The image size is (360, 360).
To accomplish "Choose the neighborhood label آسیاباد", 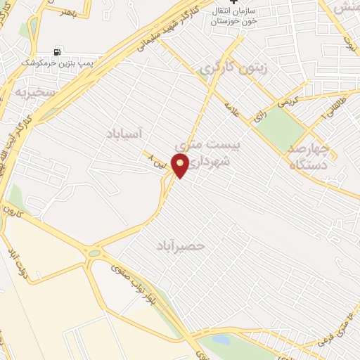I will point(124,133).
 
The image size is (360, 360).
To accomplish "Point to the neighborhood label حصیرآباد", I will point(181,245).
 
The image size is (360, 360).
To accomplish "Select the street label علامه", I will point(233,111).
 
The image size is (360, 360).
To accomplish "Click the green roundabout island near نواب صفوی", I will point(94,252).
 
